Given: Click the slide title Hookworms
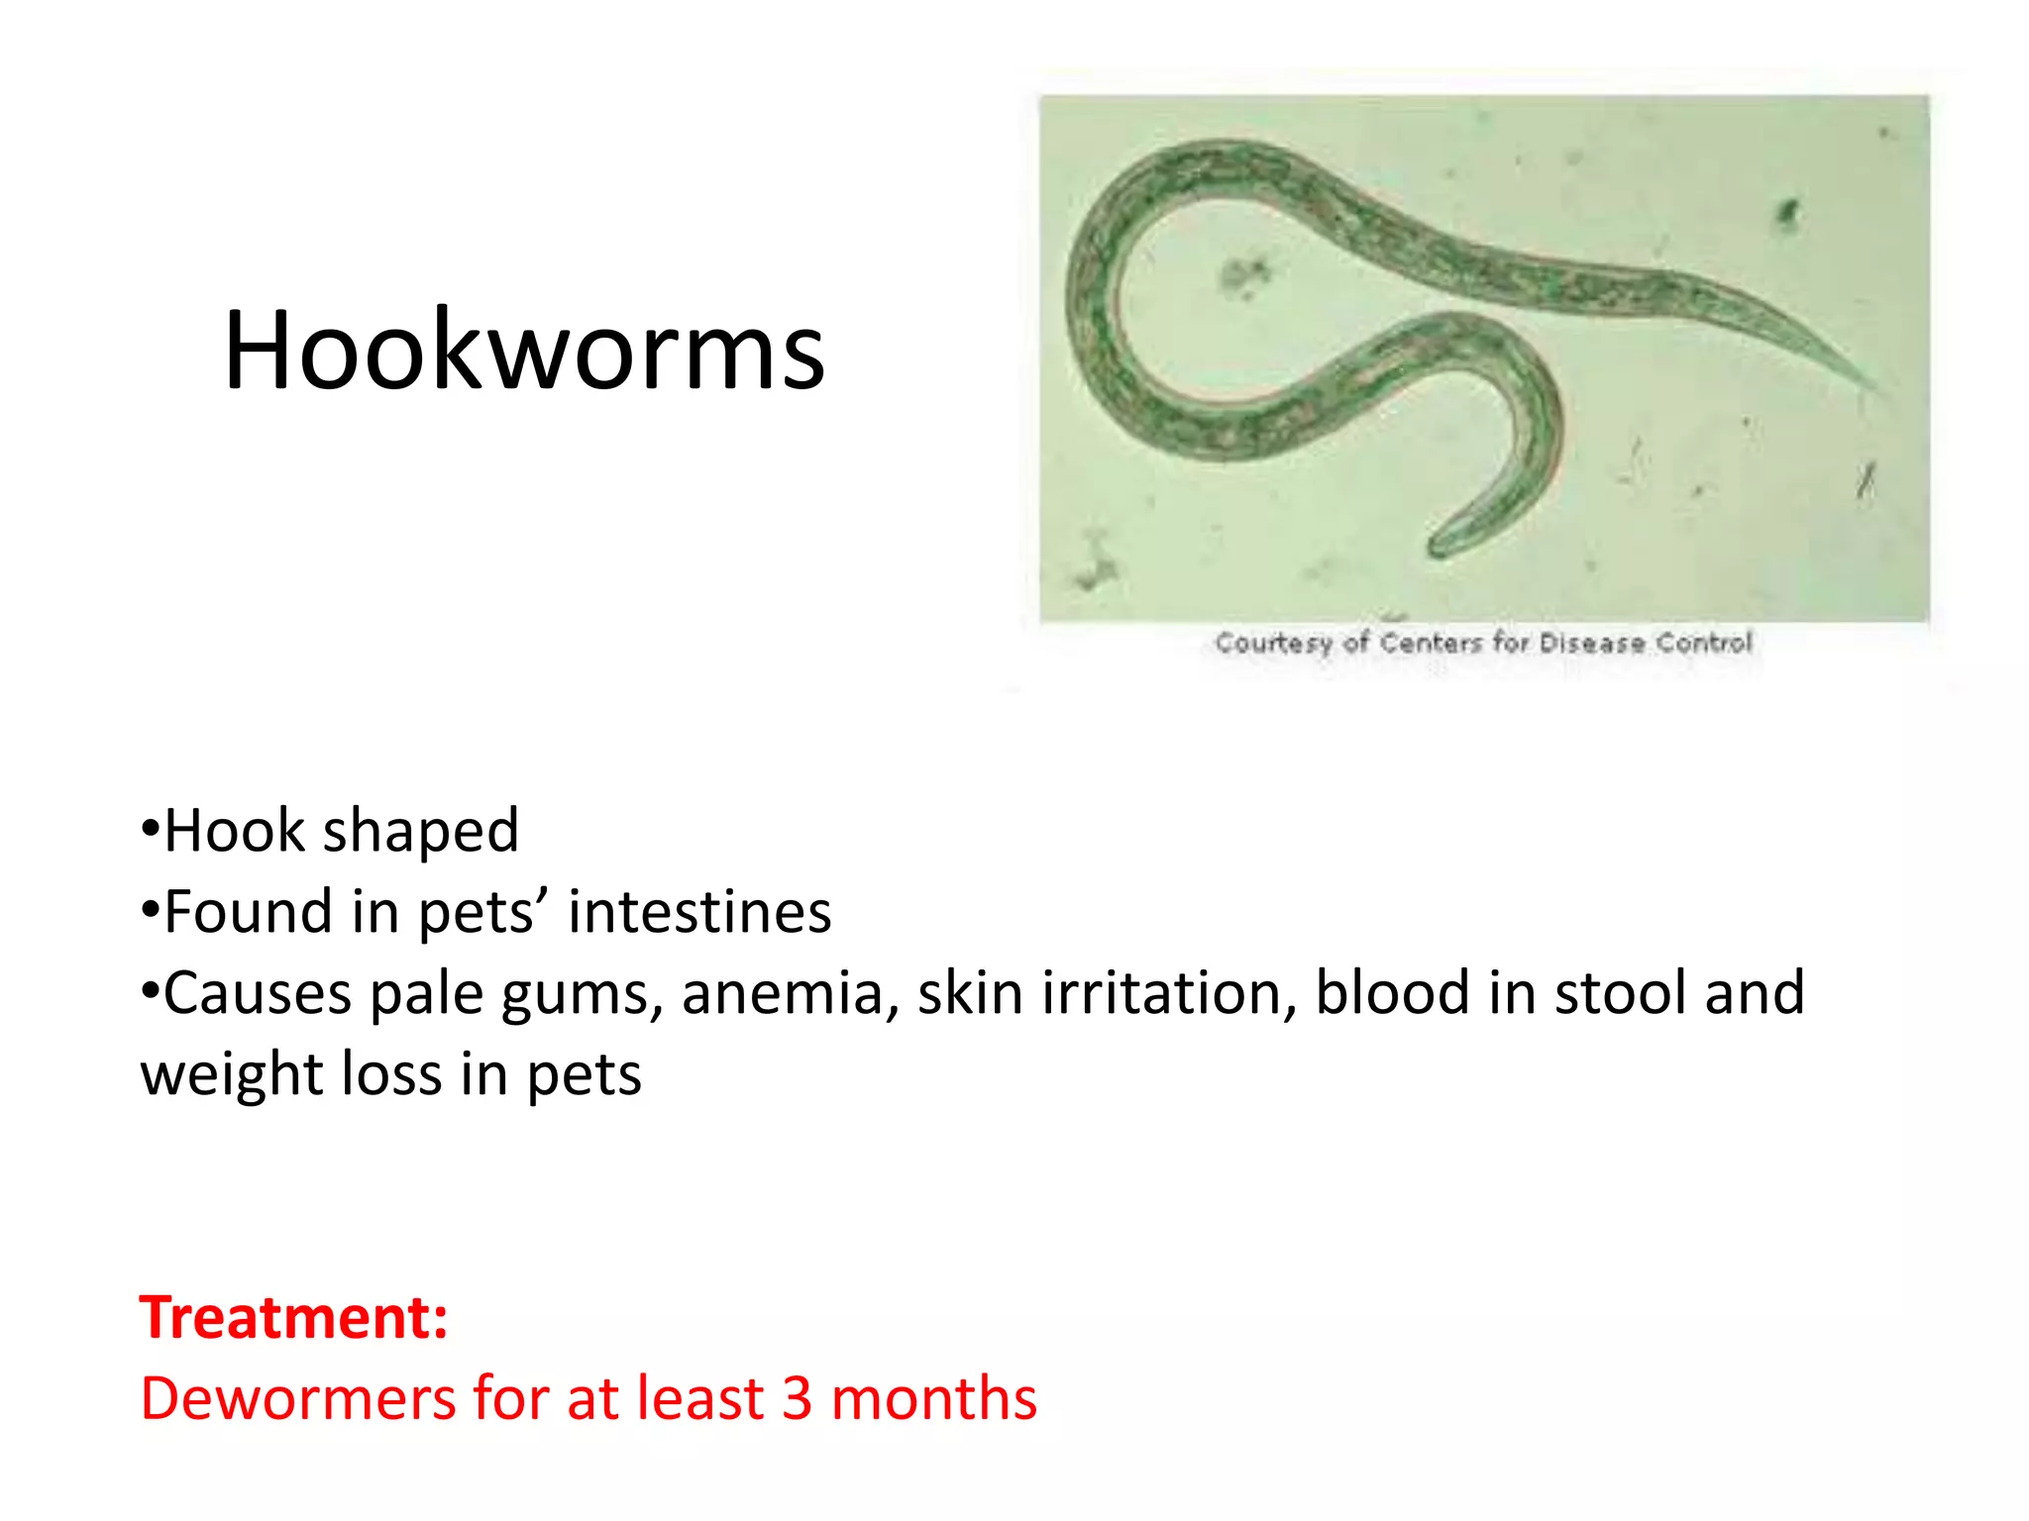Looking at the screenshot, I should click(524, 351).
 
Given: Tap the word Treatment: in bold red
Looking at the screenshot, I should click(293, 1318).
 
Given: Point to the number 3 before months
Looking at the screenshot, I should click(797, 1398).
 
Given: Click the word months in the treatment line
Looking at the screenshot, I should click(933, 1398).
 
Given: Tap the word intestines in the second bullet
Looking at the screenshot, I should click(699, 912).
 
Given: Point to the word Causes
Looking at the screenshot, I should click(257, 993).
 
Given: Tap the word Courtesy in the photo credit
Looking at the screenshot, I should click(1274, 644).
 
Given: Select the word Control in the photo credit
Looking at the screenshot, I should click(1704, 644).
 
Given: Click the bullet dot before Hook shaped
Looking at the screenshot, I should click(150, 828).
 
